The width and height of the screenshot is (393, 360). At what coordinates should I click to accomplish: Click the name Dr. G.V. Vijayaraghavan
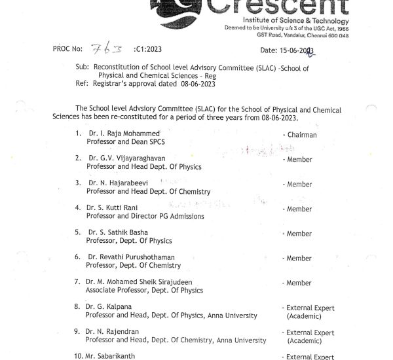(x=127, y=159)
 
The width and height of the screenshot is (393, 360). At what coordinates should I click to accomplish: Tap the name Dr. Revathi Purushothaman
(x=130, y=257)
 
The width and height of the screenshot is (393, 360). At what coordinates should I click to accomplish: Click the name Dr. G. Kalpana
(x=109, y=307)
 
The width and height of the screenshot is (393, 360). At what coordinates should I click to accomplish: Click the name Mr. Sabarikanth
(x=113, y=356)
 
